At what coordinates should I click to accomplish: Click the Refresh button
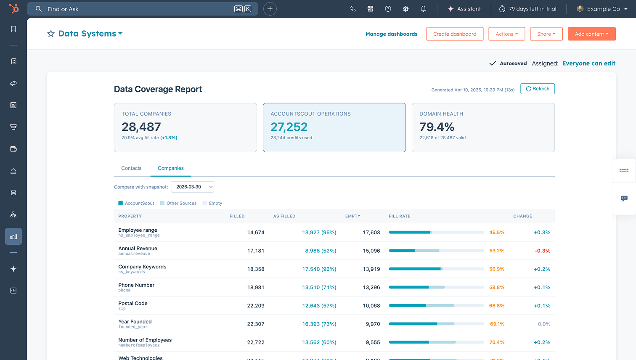point(537,89)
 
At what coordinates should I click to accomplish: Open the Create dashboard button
point(455,34)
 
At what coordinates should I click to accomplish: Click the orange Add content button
point(591,34)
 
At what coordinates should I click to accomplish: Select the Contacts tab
point(131,168)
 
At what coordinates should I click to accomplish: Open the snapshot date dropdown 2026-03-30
point(192,187)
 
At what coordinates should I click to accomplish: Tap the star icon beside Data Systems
point(51,34)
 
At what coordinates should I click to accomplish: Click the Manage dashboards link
point(391,34)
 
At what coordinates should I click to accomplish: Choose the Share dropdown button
point(546,34)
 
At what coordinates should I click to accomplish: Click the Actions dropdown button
point(506,34)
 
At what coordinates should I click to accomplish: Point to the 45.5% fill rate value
point(497,233)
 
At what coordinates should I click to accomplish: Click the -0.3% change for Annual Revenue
point(542,251)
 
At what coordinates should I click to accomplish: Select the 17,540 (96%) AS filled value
point(319,269)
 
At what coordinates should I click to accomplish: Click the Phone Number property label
point(136,285)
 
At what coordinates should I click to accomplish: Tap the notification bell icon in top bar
point(423,9)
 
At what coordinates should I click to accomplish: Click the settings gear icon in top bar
point(405,9)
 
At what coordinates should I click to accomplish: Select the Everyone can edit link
point(588,64)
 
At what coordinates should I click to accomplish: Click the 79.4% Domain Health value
point(437,127)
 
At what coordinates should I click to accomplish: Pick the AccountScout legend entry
point(136,203)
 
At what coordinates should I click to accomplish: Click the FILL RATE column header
point(399,216)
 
